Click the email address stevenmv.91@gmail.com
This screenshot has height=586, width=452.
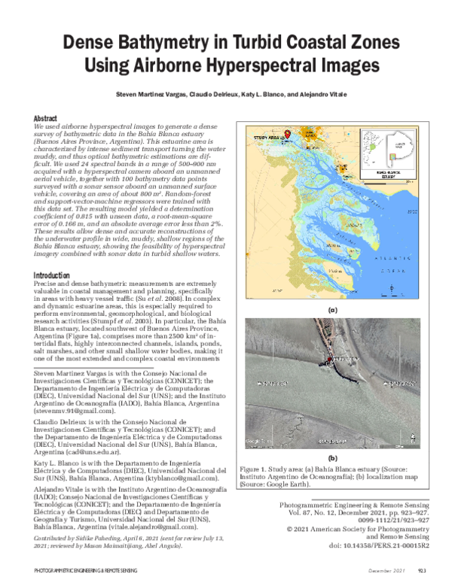pos(74,411)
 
